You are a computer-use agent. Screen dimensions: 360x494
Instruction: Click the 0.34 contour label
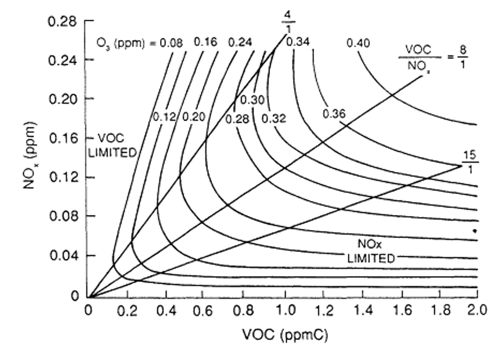(297, 42)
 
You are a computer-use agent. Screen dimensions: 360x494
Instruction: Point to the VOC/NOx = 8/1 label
(434, 57)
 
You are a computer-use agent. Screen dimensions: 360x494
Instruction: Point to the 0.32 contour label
(274, 118)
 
